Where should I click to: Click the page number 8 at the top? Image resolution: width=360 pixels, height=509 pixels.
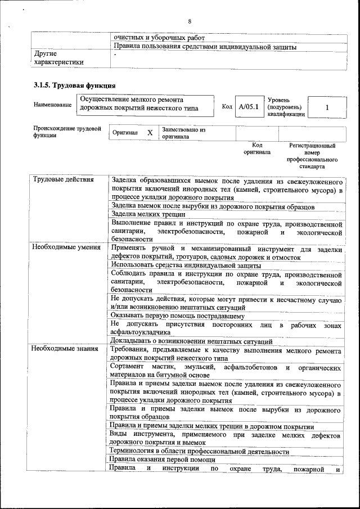pyautogui.click(x=190, y=21)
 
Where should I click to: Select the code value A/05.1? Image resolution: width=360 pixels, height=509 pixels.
pyautogui.click(x=248, y=106)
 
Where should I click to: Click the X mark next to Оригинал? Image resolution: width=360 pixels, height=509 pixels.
pyautogui.click(x=150, y=132)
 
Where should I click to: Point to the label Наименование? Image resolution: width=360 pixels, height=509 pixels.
pyautogui.click(x=52, y=104)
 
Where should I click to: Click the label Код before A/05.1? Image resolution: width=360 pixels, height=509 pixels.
pyautogui.click(x=227, y=106)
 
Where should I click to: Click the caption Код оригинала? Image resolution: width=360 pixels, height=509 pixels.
pyautogui.click(x=256, y=148)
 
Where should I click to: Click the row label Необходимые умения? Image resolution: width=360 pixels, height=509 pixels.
pyautogui.click(x=66, y=247)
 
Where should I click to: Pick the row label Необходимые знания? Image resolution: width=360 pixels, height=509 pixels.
pyautogui.click(x=65, y=349)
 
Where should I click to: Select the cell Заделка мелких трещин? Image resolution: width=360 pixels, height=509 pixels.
pyautogui.click(x=148, y=214)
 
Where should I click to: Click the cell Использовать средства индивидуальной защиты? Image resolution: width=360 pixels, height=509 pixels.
pyautogui.click(x=186, y=265)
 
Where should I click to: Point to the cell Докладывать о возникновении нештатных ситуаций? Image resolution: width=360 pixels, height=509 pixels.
pyautogui.click(x=191, y=341)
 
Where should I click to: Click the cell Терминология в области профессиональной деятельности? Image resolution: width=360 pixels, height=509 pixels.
pyautogui.click(x=199, y=451)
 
